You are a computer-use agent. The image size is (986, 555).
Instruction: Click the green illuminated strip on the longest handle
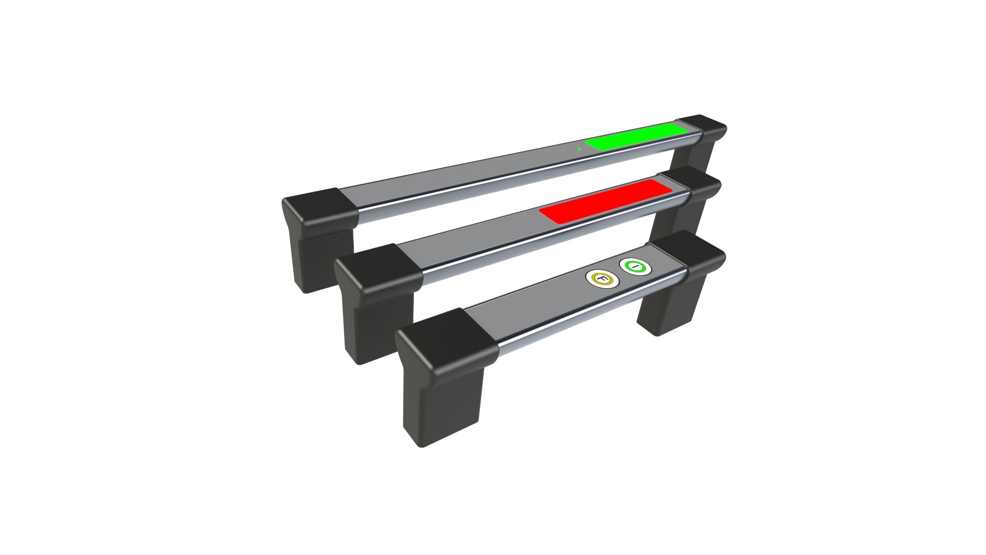637,136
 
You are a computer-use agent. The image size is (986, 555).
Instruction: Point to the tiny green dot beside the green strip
579,149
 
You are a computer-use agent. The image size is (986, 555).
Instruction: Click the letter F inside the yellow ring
603,279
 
